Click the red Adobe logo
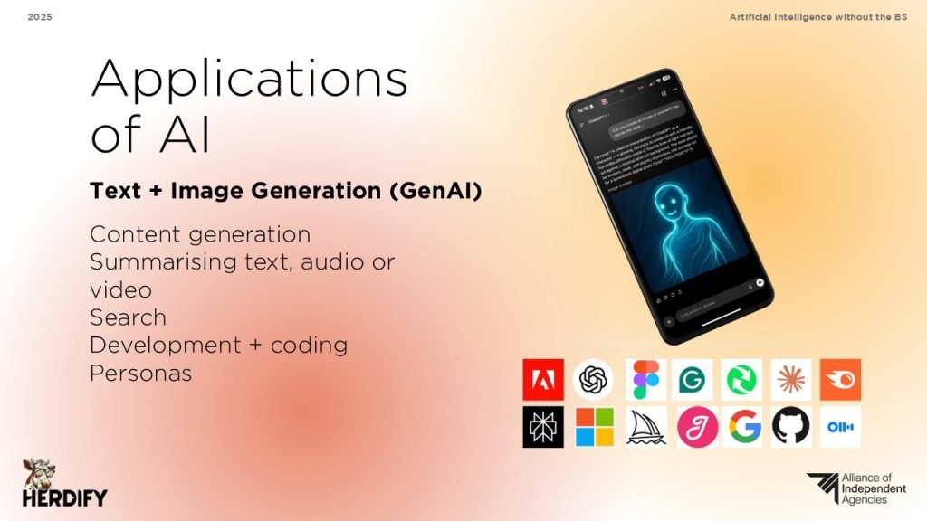point(543,380)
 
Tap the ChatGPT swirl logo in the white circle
point(593,380)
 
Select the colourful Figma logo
point(645,380)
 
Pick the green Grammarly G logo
point(693,380)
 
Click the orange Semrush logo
point(840,380)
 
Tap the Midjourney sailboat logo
point(645,427)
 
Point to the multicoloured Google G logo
point(742,427)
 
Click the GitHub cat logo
point(790,427)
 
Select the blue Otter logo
point(840,427)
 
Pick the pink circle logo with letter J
point(694,427)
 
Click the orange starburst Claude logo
point(790,380)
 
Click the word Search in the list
point(128,317)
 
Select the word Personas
point(140,373)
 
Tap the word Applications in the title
point(249,80)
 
